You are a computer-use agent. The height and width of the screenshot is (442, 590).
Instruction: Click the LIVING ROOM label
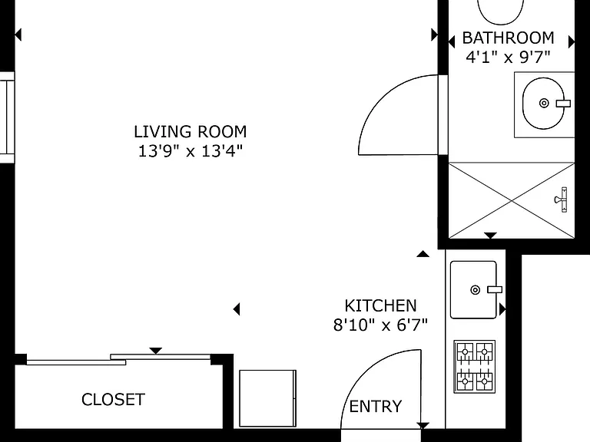click(191, 132)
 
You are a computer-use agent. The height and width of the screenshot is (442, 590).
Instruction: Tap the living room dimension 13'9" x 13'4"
click(191, 151)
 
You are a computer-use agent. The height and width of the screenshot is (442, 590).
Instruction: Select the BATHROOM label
click(509, 38)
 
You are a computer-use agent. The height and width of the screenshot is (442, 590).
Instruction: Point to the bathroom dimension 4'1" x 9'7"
click(509, 57)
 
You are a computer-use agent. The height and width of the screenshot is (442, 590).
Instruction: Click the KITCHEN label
click(381, 306)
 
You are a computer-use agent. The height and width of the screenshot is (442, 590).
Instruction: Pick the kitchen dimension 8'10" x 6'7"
click(381, 325)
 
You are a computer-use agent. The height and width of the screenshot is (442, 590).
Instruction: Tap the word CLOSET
click(113, 400)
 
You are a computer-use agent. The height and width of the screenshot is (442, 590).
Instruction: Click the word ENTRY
click(376, 406)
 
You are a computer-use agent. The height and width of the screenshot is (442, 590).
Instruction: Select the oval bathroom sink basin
click(544, 104)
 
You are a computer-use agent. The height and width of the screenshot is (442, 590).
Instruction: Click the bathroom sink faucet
click(563, 104)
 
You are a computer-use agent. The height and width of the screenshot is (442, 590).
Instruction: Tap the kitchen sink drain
click(476, 290)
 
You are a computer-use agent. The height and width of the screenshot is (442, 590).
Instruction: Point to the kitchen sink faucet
click(495, 290)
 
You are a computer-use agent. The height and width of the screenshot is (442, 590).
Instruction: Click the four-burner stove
click(475, 367)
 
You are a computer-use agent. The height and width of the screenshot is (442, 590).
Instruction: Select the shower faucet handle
click(562, 200)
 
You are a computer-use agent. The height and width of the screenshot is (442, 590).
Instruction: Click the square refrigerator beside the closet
click(268, 398)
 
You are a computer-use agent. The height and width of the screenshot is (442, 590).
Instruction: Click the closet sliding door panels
click(118, 360)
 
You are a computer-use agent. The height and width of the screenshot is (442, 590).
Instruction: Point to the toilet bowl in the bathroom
click(500, 12)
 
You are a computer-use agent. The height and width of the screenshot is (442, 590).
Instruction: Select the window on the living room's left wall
click(7, 117)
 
